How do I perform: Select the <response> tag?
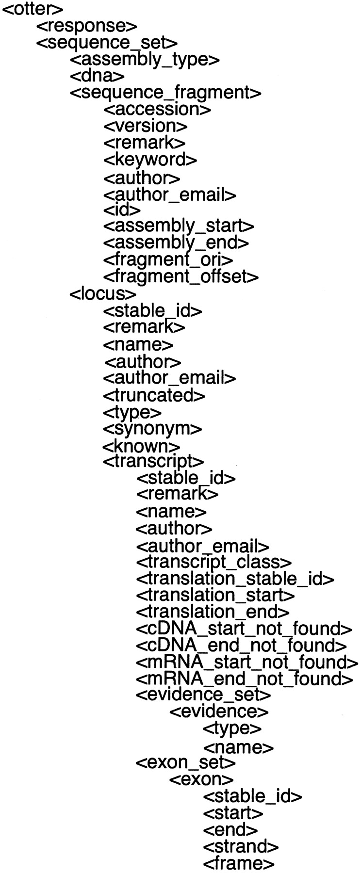[87, 26]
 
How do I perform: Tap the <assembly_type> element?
[145, 60]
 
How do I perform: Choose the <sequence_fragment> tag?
[166, 93]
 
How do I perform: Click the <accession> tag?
[157, 109]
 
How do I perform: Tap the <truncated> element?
[154, 395]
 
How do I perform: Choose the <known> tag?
[142, 445]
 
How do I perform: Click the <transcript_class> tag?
[214, 562]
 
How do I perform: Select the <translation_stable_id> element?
[235, 579]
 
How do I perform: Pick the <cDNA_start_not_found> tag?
[244, 629]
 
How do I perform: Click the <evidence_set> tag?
[203, 695]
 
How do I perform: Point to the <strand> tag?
[241, 846]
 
